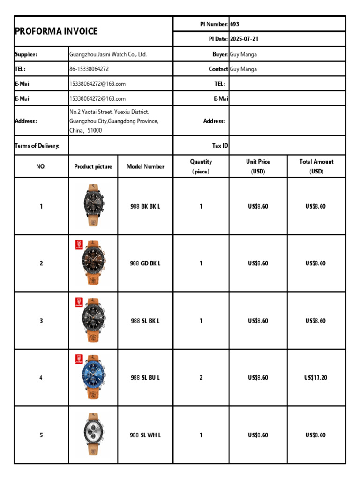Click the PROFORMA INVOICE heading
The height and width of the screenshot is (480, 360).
[x=56, y=31]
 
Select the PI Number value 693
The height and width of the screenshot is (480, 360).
[x=235, y=24]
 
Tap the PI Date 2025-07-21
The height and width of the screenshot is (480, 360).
[x=244, y=39]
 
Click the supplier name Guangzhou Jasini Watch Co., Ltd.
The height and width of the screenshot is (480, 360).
[x=108, y=54]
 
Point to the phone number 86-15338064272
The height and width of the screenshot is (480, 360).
[x=89, y=69]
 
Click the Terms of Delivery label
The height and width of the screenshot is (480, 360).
[x=37, y=146]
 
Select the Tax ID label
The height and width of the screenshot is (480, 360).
[x=220, y=146]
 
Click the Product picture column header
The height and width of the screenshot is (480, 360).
[x=93, y=166]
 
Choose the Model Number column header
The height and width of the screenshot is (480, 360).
[x=145, y=166]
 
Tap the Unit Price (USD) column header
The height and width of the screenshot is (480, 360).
[x=258, y=166]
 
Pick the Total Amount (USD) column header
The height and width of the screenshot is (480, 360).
[x=316, y=166]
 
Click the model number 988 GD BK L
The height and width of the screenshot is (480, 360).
[x=145, y=263]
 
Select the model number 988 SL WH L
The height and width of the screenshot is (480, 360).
[x=145, y=435]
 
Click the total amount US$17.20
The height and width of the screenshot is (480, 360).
[x=316, y=378]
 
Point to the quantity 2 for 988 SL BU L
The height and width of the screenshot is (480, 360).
[x=201, y=378]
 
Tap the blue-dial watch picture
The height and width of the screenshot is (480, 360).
[x=93, y=378]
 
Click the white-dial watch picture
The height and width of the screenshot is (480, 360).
[x=93, y=435]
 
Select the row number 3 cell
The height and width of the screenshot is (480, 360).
[x=41, y=321]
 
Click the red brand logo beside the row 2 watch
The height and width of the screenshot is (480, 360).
[x=79, y=245]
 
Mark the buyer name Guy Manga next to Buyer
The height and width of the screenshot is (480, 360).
[x=243, y=54]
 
